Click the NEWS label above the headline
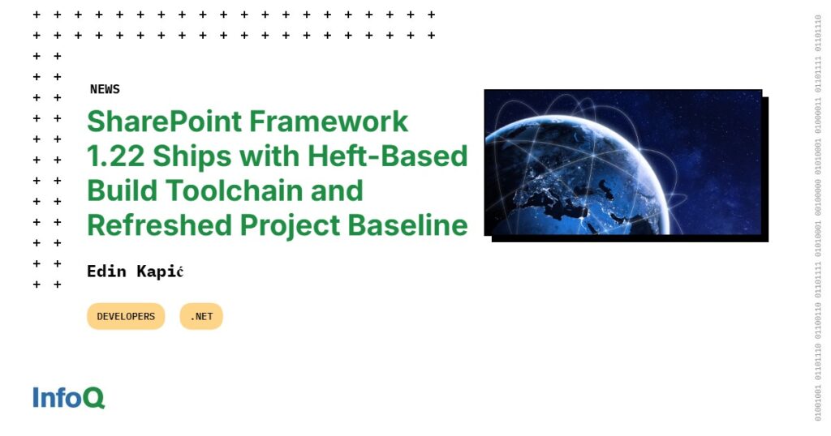pos(105,89)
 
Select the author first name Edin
pos(106,271)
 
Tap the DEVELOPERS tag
pos(126,316)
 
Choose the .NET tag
pos(201,316)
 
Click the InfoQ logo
pos(69,398)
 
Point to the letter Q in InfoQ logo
pos(93,399)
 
